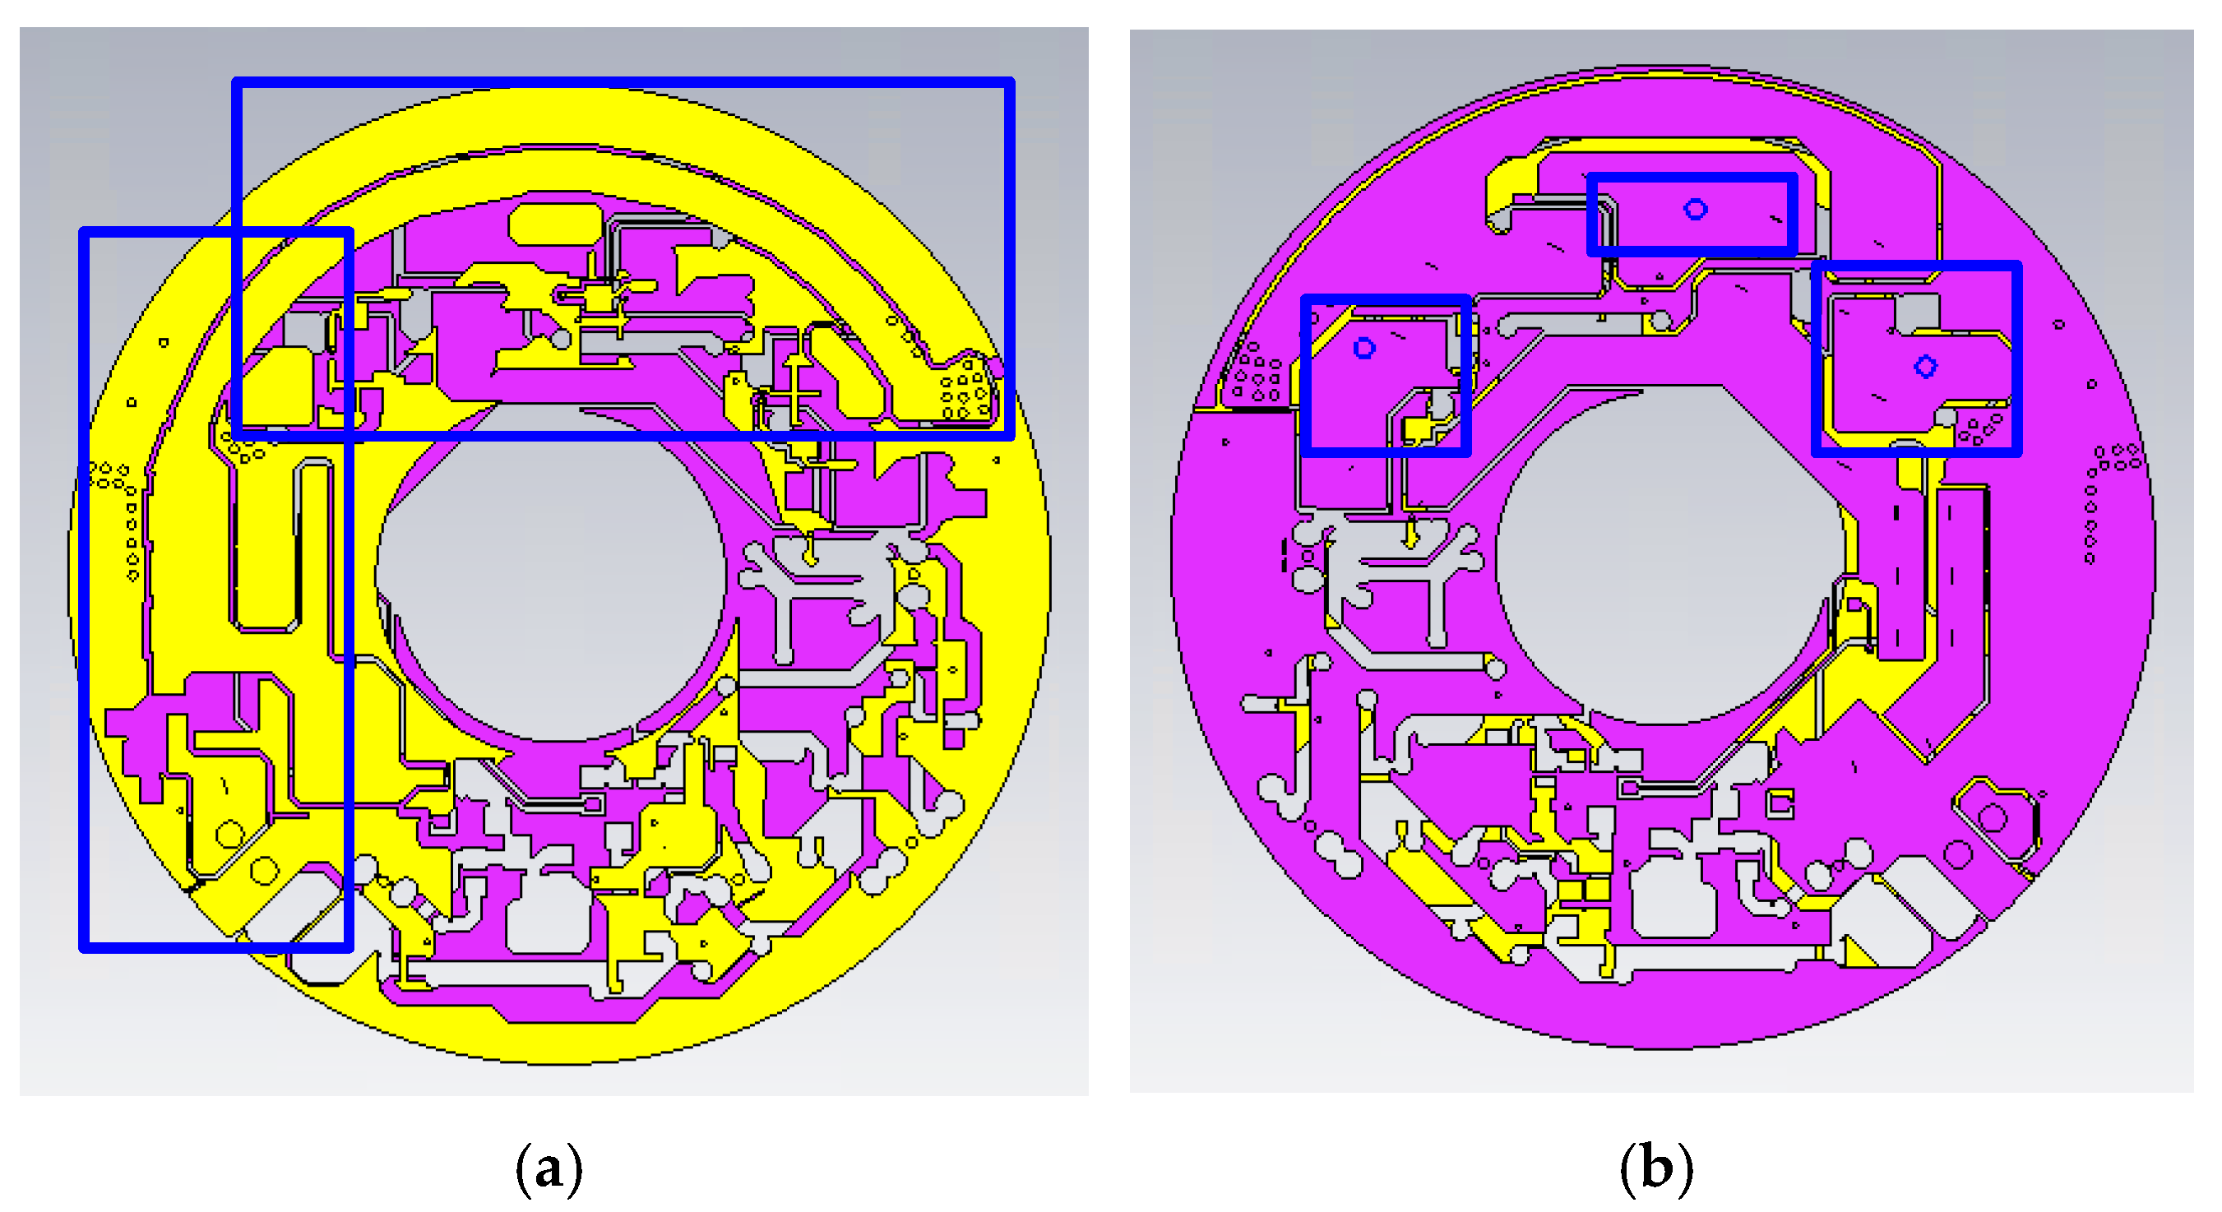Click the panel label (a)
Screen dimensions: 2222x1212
549,1169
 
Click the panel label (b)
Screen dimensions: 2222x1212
1656,1169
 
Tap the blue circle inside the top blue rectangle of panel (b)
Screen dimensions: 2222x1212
1695,210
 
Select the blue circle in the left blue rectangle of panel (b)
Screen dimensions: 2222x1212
1363,349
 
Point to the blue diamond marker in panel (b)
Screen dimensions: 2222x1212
1925,367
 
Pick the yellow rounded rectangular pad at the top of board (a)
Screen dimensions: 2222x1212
554,224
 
